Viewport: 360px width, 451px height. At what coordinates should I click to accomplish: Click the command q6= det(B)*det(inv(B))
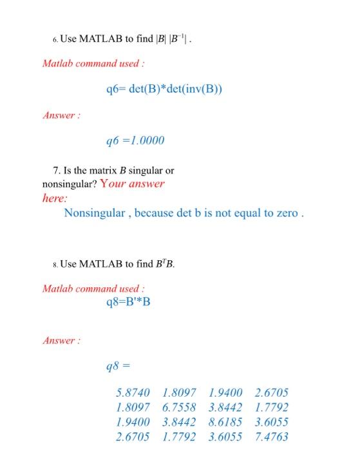point(164,89)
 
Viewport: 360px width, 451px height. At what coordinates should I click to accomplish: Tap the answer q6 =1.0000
point(135,140)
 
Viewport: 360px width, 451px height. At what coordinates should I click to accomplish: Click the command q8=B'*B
point(128,302)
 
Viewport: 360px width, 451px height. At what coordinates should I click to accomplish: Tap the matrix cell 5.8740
point(133,392)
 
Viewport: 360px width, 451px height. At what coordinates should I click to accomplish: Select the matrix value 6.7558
point(179,407)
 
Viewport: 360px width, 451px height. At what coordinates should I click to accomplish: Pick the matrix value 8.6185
point(225,422)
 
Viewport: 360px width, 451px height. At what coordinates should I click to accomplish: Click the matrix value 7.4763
point(272,437)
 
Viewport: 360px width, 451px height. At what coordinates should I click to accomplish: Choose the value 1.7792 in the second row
point(272,407)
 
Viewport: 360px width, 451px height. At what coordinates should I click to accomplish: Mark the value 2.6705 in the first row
point(272,392)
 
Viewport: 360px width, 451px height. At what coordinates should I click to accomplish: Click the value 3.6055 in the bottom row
point(225,437)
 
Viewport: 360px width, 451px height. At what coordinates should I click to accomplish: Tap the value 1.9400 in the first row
point(225,392)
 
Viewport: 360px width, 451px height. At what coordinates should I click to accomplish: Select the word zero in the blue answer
point(285,213)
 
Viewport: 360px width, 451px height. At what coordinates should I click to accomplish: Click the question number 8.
point(55,264)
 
